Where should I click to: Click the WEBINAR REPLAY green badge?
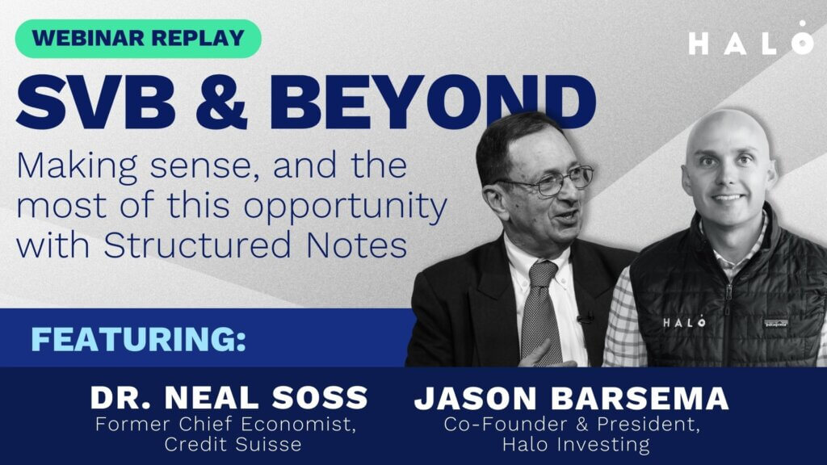[x=138, y=39]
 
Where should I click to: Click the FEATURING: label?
[x=138, y=339]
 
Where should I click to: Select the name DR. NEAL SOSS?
[x=229, y=398]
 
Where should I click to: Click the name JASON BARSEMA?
[x=572, y=399]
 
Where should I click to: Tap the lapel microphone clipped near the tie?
[x=584, y=320]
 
